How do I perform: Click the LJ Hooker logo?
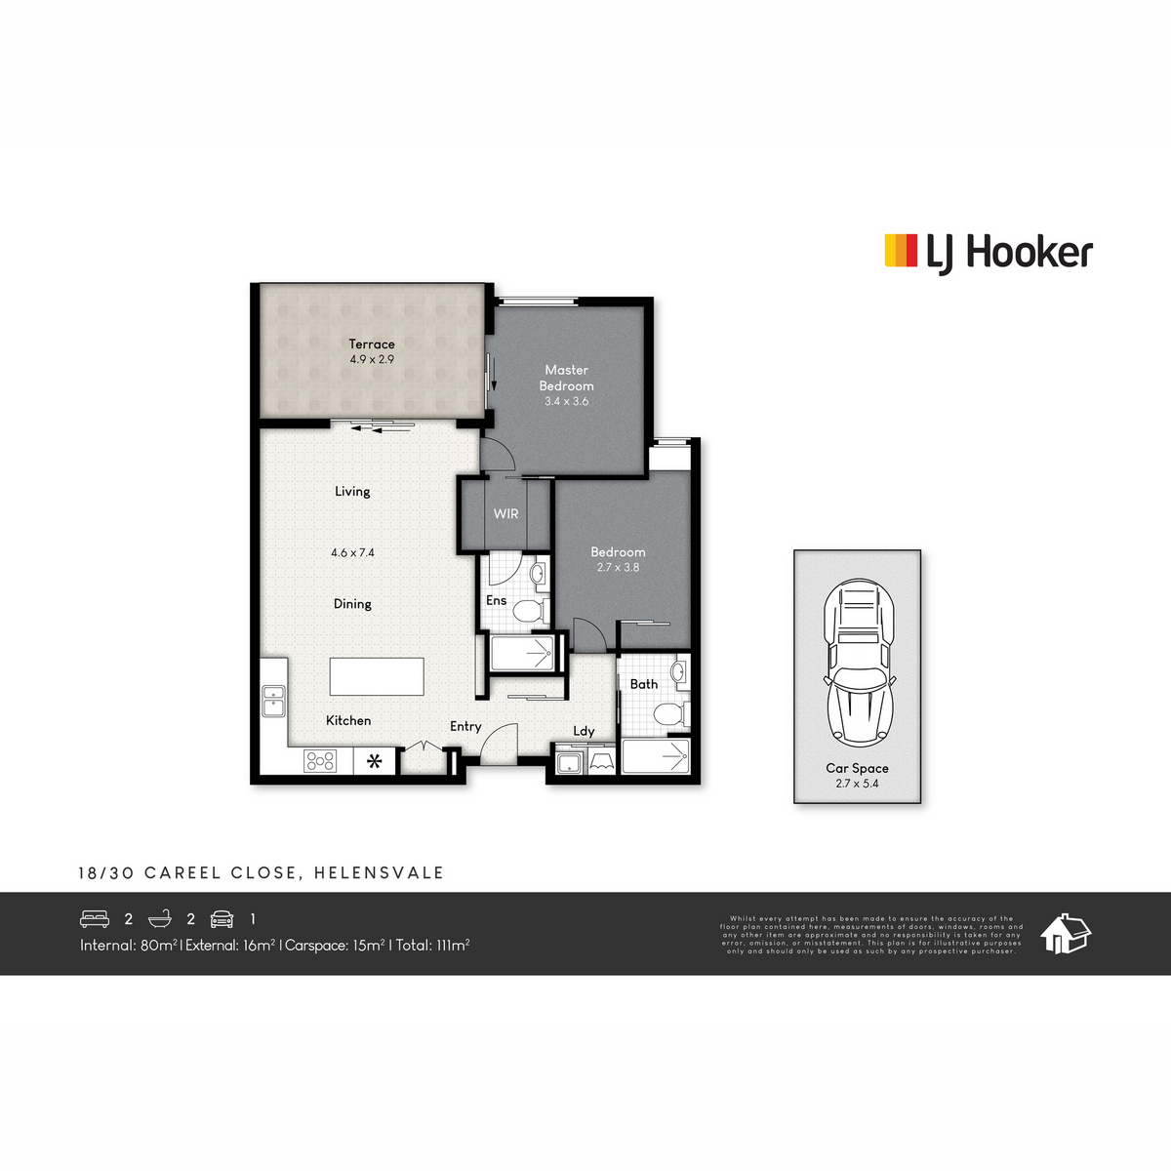pos(988,252)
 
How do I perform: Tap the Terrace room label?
pos(372,344)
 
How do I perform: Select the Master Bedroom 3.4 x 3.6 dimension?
pos(566,401)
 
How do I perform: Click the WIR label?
pos(505,514)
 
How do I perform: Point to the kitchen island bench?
pos(377,676)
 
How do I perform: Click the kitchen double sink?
pos(274,701)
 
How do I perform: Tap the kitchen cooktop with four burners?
pos(320,760)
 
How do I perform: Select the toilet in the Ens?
pos(528,612)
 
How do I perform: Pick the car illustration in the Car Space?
pos(858,664)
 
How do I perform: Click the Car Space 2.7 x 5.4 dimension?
pos(857,784)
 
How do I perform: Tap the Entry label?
pos(465,726)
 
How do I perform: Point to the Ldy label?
pos(584,731)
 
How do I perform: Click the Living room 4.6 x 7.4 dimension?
pos(352,552)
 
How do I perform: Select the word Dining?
pos(352,604)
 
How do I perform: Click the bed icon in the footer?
pos(95,918)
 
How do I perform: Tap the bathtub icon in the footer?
pos(160,918)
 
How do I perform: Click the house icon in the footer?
pos(1066,934)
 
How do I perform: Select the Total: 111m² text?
pos(432,945)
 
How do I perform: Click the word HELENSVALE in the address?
pos(379,872)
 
